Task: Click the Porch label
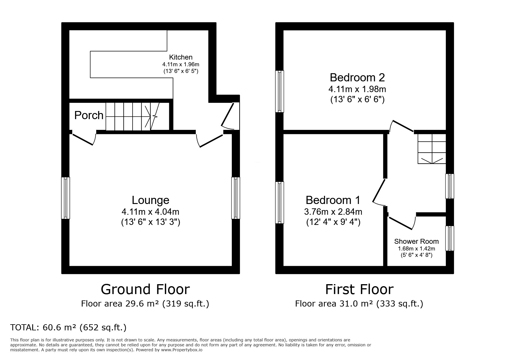coord(89,115)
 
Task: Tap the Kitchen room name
coord(181,57)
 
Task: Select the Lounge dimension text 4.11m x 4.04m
coord(151,212)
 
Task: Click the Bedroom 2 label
coord(357,78)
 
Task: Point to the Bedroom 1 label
coord(333,200)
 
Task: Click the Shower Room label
coord(416,241)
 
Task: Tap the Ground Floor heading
coord(145,289)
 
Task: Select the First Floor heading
coord(359,289)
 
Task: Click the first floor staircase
coord(432,148)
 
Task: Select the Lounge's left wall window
coord(65,198)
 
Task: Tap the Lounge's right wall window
coord(236,198)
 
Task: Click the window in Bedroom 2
coord(280,91)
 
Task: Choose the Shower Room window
coord(450,238)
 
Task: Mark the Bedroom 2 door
coord(401,126)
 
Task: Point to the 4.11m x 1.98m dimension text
coord(357,89)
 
